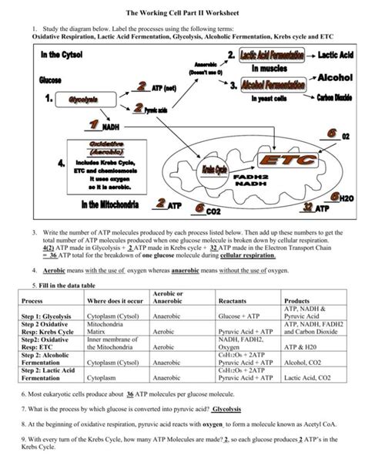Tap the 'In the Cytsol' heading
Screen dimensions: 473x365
point(59,56)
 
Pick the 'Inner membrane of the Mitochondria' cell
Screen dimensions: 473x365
point(116,343)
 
